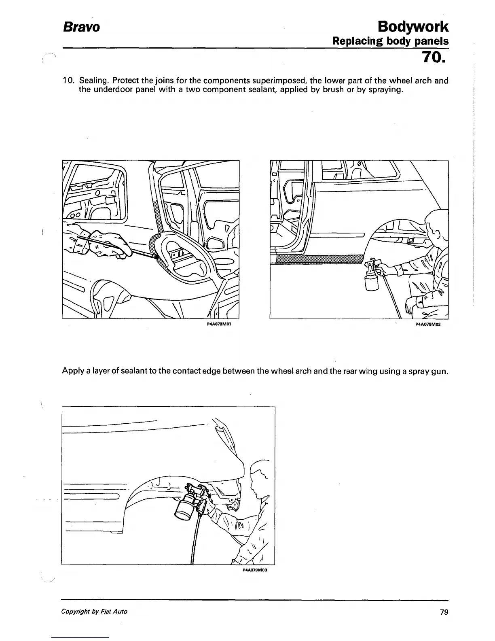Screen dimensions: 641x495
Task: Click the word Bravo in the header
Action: [80, 27]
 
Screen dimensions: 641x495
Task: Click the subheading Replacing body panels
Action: [390, 41]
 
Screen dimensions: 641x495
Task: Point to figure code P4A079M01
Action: [218, 324]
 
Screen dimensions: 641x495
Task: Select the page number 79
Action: [444, 612]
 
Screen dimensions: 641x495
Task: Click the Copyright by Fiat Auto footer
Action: [94, 611]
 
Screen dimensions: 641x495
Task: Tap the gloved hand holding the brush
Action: [111, 245]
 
